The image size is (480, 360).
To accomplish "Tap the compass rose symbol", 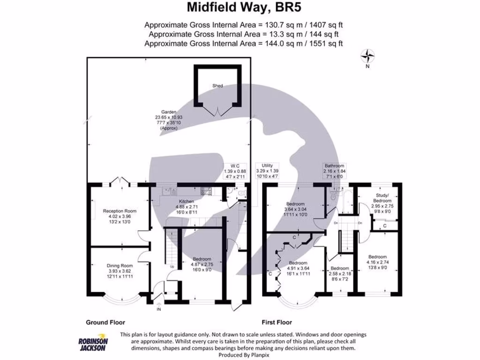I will point(368,56).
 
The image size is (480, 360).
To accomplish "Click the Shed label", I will point(217,86).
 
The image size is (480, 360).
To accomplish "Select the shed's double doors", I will point(217,112).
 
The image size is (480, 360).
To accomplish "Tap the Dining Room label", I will point(120,265).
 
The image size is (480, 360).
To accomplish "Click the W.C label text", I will point(235,166).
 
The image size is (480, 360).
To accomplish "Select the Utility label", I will point(268,166).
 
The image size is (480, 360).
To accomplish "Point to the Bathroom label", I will point(335,166).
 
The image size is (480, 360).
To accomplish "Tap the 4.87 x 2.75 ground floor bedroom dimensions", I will point(202,264).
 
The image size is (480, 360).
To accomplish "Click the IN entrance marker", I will point(158,309).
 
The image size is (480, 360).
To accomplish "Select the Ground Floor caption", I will point(105,322).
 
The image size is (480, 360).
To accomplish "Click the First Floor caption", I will point(277,322).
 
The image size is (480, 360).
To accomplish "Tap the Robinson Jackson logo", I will point(93,345).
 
